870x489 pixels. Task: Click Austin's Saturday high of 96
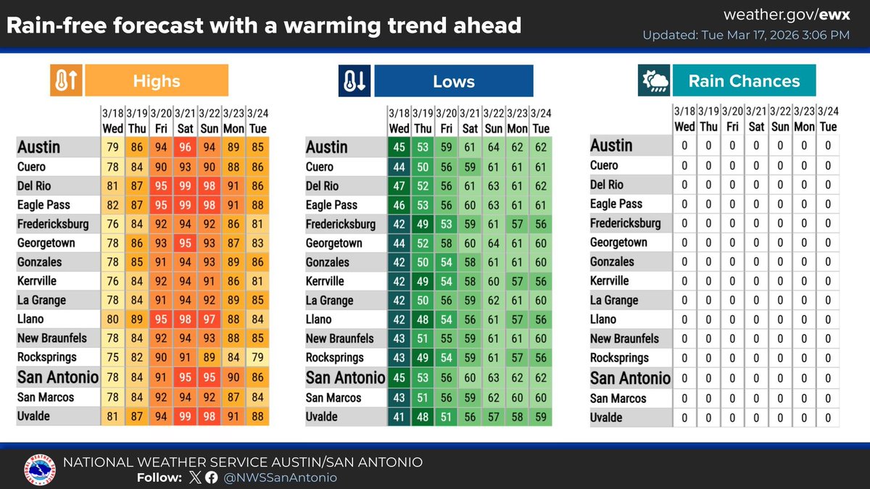pos(185,147)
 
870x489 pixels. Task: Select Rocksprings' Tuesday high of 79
pos(257,358)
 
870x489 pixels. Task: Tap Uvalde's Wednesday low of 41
pos(399,417)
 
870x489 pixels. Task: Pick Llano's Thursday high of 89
pos(136,319)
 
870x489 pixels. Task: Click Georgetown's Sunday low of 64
pos(494,243)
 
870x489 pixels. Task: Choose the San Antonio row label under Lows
pos(345,377)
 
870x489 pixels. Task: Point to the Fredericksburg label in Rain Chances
pos(626,223)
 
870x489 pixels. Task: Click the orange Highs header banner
pos(157,80)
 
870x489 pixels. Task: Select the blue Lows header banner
pos(454,81)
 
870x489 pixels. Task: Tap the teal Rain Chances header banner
pos(744,81)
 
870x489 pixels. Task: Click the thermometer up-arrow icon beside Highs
pos(66,81)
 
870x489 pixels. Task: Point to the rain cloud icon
pos(653,81)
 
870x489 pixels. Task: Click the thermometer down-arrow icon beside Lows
pos(355,81)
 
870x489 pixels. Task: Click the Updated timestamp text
pos(746,35)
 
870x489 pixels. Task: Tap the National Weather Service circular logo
pos(39,469)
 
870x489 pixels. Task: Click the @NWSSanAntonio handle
pos(281,477)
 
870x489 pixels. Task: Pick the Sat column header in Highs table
pos(185,128)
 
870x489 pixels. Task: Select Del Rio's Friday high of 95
pos(161,185)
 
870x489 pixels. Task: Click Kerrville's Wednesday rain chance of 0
pos(684,281)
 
